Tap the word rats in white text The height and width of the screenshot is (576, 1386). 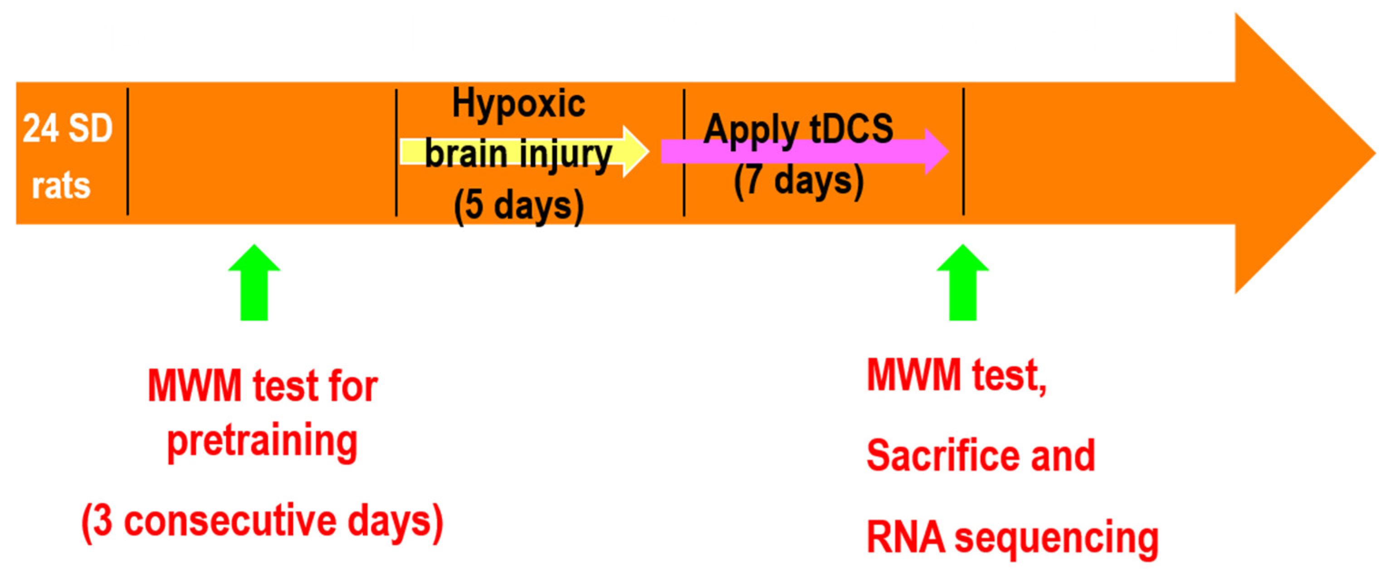click(x=61, y=186)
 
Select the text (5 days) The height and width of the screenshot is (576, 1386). click(x=518, y=206)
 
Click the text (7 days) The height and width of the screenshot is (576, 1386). click(x=799, y=180)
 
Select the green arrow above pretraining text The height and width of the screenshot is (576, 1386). click(x=254, y=283)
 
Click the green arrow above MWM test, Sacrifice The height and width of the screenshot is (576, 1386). click(x=962, y=283)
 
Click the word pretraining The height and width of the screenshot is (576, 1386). click(x=262, y=442)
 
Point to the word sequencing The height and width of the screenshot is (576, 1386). click(x=1056, y=538)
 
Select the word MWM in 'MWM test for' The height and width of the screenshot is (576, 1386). click(x=194, y=386)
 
